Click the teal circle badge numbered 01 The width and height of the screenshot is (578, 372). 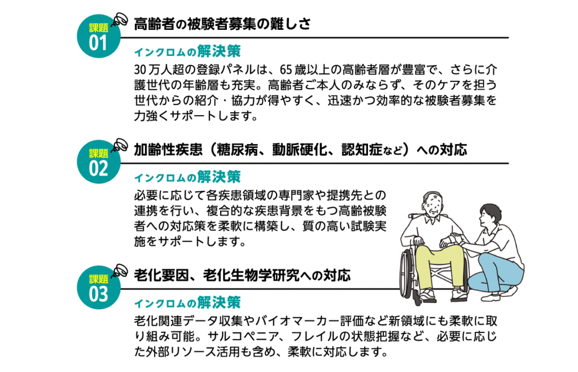point(98,36)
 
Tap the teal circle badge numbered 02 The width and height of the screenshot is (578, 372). point(98,162)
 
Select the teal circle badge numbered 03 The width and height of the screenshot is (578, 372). point(98,287)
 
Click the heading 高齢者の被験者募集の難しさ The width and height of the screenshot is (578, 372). point(222,24)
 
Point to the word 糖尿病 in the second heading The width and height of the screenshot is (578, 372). point(237,150)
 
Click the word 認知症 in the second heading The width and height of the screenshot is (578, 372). point(362,150)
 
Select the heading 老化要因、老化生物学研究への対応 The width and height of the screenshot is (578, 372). point(242,275)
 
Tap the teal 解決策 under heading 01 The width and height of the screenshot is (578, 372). point(218,51)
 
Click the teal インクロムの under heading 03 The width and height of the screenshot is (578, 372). point(165,304)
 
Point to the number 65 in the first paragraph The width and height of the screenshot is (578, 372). point(286,69)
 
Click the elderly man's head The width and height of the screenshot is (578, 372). point(433,203)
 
